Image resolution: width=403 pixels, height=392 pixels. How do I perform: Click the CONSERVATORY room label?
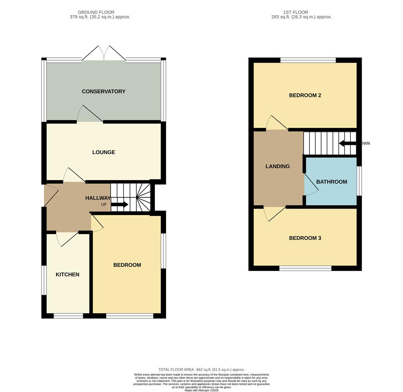tap(104, 91)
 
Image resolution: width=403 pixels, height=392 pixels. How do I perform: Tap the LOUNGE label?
tap(104, 152)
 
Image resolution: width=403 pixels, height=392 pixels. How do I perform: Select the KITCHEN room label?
tap(67, 275)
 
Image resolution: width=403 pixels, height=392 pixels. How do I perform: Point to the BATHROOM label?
tap(332, 182)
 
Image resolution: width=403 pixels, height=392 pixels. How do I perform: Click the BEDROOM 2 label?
tap(305, 95)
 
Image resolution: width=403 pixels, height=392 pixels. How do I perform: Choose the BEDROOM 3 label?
tap(305, 238)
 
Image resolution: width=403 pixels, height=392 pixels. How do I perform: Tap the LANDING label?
tap(278, 167)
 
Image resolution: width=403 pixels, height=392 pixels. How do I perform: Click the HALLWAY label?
tap(98, 198)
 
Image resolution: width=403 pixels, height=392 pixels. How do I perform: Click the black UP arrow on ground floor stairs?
tap(120, 205)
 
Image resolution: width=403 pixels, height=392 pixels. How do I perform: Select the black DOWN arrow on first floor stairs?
tap(348, 143)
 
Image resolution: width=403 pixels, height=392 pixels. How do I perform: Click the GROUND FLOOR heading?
tap(96, 12)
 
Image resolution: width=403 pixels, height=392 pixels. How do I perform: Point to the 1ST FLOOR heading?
tap(296, 12)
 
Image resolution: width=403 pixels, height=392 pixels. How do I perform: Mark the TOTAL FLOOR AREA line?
tap(201, 369)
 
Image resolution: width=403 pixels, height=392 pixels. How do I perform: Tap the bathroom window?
tap(359, 181)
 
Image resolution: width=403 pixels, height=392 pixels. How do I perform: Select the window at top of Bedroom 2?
tap(308, 60)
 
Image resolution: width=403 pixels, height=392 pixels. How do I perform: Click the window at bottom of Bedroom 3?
tap(305, 268)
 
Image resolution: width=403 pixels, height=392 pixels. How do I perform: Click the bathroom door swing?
tap(311, 185)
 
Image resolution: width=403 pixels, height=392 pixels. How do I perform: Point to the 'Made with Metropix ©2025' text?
tap(201, 390)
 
